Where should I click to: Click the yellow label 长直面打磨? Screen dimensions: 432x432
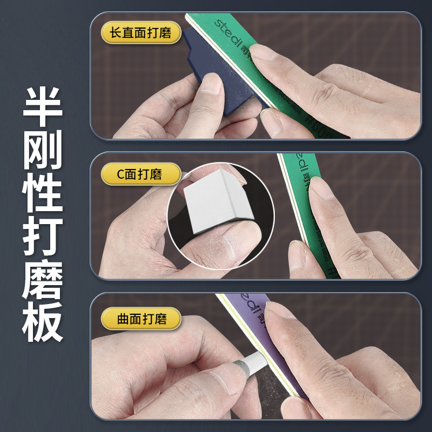click(140, 33)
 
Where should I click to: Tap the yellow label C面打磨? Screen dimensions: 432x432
click(140, 174)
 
